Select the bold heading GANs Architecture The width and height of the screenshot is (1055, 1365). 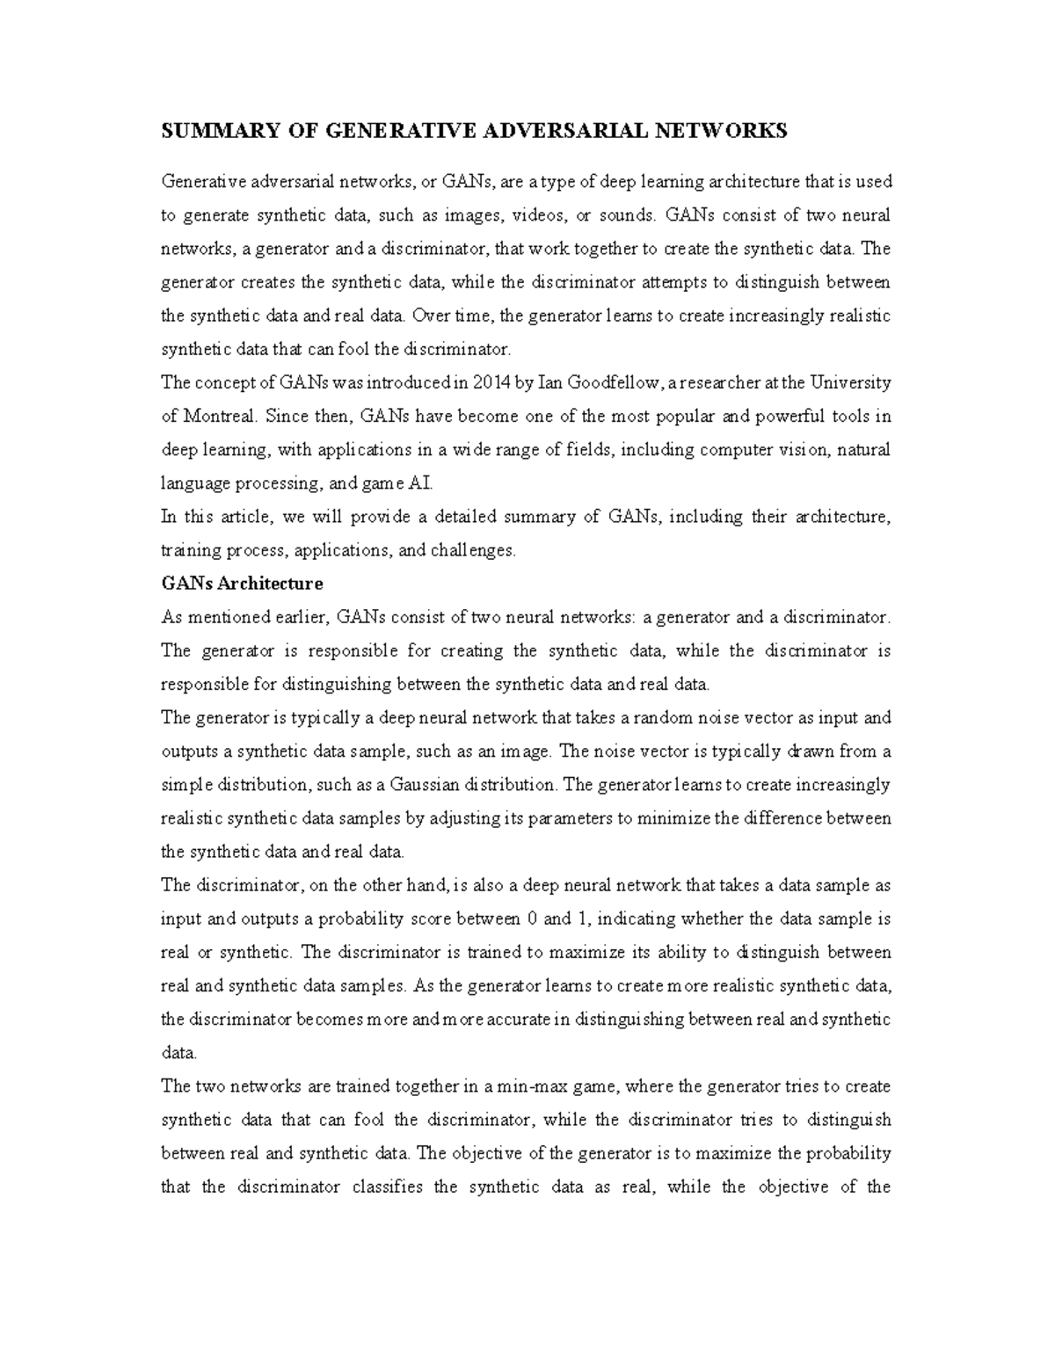[x=242, y=584]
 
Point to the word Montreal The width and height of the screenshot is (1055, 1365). [x=220, y=417]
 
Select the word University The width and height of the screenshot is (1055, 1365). [x=850, y=383]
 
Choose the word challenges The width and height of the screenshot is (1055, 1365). [x=472, y=551]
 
